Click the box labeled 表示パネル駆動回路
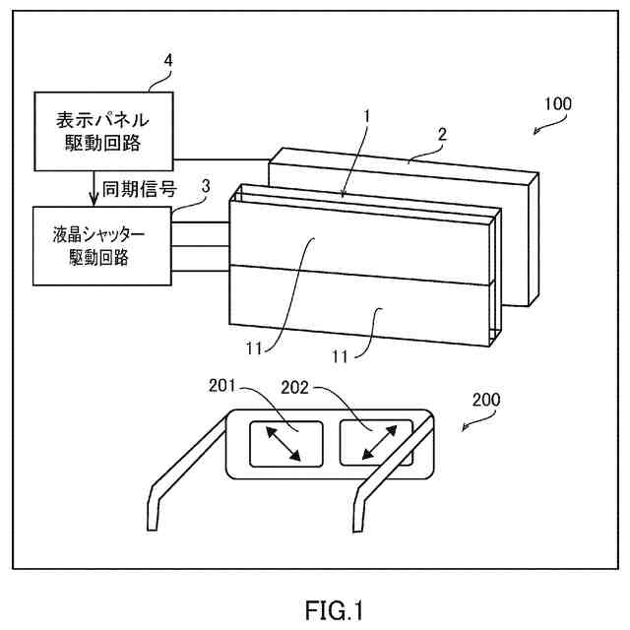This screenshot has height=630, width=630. pos(102,131)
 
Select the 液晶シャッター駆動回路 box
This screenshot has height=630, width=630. pos(102,247)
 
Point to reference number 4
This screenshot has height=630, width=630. pos(168,61)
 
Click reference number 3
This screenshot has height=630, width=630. pos(206,184)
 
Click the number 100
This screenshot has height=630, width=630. pos(557,102)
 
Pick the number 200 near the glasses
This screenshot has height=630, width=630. pos(486,400)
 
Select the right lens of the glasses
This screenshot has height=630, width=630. pos(374,442)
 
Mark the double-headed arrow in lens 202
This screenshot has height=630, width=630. pos(374,442)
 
